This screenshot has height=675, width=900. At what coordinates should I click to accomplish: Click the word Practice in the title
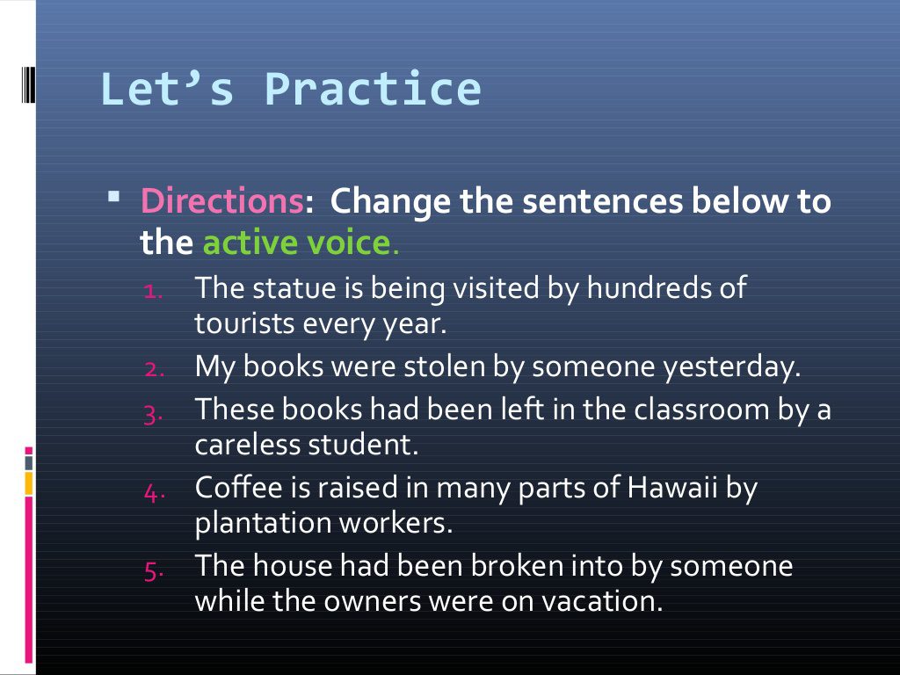tap(373, 90)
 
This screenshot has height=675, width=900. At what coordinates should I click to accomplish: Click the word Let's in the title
tap(167, 90)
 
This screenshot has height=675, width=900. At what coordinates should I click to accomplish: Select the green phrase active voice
tap(295, 242)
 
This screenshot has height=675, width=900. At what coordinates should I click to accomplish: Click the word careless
tap(247, 444)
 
